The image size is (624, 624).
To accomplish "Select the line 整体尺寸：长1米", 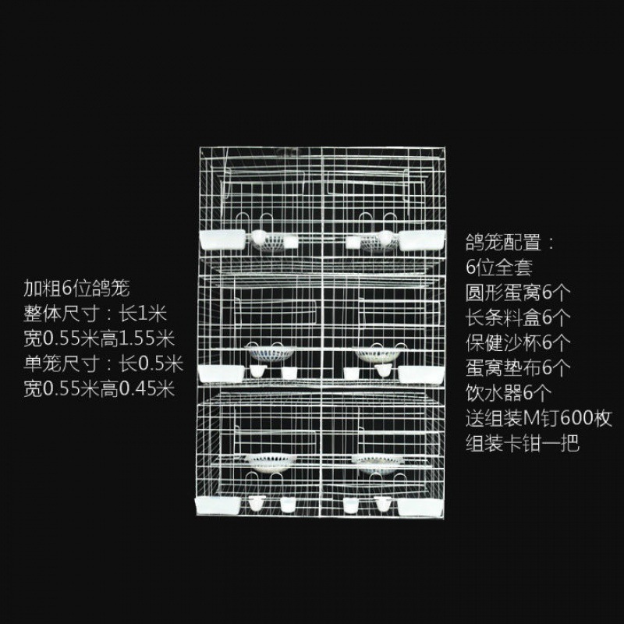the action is [95, 314].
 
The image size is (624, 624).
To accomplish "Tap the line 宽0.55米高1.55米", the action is [98, 339].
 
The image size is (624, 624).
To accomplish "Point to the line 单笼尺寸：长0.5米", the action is [102, 363].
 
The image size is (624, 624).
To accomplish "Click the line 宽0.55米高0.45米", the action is [98, 388].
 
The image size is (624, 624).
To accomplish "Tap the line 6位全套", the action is [499, 268].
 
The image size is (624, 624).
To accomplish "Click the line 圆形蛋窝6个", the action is [519, 292].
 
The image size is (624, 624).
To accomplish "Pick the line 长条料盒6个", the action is [519, 317].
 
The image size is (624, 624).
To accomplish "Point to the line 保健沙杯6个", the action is [519, 342].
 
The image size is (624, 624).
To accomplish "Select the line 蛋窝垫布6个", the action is [519, 368].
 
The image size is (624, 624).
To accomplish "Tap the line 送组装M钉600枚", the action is [538, 419].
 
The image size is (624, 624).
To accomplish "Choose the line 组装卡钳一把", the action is [523, 445].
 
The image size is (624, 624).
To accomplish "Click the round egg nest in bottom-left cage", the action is [268, 461].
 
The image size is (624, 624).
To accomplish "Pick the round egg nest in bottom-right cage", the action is [377, 459].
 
